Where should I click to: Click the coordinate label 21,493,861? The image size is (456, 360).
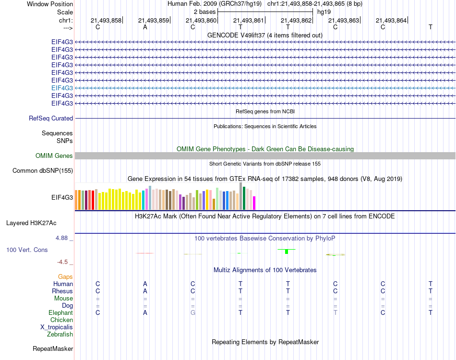point(248,20)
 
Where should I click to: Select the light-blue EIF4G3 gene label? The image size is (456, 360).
point(62,88)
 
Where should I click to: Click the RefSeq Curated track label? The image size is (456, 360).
point(51,118)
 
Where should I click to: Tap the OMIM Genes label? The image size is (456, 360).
point(54,156)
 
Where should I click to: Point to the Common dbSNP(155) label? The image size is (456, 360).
point(43,170)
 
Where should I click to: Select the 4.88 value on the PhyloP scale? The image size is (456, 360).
point(64,238)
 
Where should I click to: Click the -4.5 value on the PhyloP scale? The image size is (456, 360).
point(64,262)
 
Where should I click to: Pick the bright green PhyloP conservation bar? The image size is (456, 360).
point(286,252)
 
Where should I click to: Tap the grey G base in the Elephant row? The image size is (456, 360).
point(192,312)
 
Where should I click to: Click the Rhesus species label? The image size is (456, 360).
point(62,291)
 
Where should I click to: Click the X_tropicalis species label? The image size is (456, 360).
point(57,327)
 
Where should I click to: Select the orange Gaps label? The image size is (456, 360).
point(65,276)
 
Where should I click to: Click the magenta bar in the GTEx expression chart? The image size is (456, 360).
point(254,203)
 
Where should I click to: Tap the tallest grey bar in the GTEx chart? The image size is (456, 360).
point(240,196)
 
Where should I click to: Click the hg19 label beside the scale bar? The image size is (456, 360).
point(324,11)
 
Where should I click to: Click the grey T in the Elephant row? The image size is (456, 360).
point(335,312)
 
